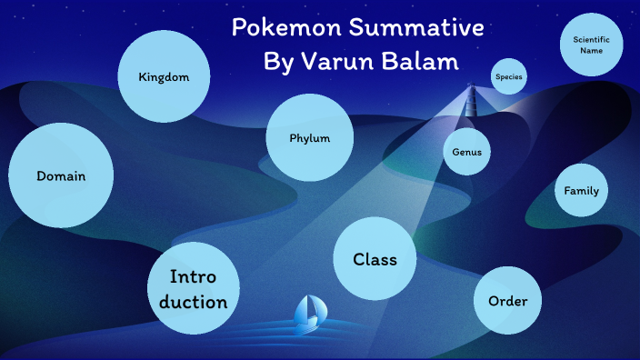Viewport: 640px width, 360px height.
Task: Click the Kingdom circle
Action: tap(165, 76)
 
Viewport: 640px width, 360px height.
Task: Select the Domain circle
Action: tap(61, 175)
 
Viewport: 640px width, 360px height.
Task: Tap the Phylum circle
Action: tap(309, 138)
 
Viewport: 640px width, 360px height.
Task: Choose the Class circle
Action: tap(375, 259)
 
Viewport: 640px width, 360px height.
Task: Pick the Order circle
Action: tap(507, 301)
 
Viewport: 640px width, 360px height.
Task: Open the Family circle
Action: tap(581, 191)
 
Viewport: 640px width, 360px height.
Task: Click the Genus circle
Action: tap(467, 152)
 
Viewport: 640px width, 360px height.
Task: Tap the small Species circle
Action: tap(508, 76)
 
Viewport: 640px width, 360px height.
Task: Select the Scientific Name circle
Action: tap(592, 45)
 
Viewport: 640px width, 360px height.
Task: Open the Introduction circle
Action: tap(193, 289)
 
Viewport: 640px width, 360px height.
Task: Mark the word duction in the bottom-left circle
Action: tap(193, 301)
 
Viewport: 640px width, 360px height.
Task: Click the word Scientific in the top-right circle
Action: tap(592, 39)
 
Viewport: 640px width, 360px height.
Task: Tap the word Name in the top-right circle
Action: tap(592, 51)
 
